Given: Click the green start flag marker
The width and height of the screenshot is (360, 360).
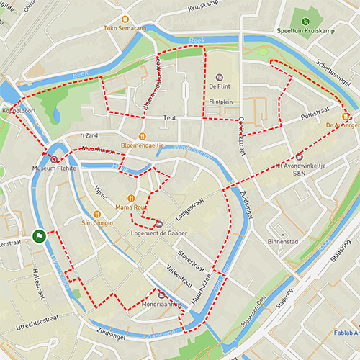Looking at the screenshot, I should (x=38, y=235).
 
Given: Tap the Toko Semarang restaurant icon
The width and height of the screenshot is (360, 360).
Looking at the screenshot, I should (x=125, y=19).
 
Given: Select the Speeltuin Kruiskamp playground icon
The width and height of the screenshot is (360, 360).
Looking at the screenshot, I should (x=305, y=22).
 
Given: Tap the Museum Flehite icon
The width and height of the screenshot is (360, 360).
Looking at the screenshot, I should (x=54, y=158).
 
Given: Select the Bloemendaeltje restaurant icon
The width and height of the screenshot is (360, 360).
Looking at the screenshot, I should (x=143, y=135).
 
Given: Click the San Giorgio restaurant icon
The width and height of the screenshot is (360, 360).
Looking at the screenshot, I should (x=96, y=214).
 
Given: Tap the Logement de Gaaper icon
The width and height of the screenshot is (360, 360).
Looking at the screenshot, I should (x=159, y=224).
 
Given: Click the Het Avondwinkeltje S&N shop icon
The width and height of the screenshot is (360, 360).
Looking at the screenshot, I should (x=299, y=156).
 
